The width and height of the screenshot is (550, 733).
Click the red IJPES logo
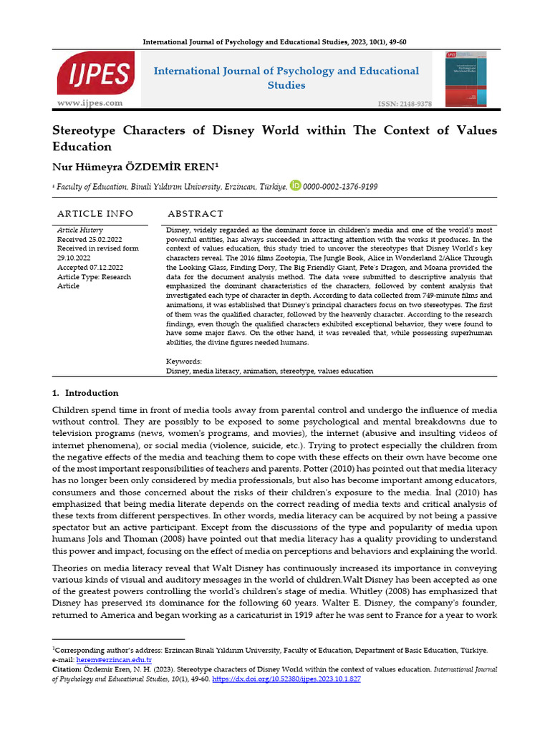[x=95, y=74]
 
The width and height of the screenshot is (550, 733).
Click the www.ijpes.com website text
[x=90, y=103]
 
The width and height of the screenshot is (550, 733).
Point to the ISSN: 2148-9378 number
[x=405, y=105]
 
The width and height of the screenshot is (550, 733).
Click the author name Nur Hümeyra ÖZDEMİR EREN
[x=135, y=166]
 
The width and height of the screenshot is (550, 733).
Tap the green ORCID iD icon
[x=295, y=185]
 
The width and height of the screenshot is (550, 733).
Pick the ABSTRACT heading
[x=196, y=214]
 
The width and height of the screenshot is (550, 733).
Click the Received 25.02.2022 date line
[x=91, y=239]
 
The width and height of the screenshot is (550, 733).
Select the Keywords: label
[x=184, y=361]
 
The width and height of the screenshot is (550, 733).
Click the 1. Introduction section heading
[x=85, y=393]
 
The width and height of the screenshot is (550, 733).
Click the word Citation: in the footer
[x=69, y=669]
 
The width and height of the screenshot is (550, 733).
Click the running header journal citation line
[x=274, y=42]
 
